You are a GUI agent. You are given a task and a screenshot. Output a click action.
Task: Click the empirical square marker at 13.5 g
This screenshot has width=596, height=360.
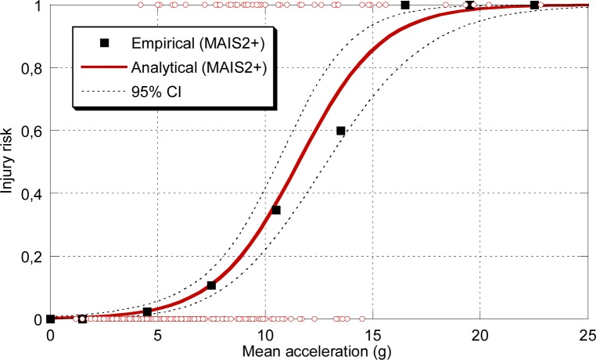340,131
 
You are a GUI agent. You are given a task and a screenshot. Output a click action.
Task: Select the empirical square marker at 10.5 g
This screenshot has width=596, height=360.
276,210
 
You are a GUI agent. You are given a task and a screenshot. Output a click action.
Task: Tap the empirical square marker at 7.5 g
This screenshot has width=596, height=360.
211,286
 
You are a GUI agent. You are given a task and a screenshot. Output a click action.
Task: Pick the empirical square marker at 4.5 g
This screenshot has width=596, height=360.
147,312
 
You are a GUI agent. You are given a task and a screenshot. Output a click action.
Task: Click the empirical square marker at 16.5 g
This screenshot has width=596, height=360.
405,5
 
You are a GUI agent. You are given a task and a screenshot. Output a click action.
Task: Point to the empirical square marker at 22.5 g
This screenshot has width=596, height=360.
534,5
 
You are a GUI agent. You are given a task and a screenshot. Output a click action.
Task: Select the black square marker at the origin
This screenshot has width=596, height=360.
51,319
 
